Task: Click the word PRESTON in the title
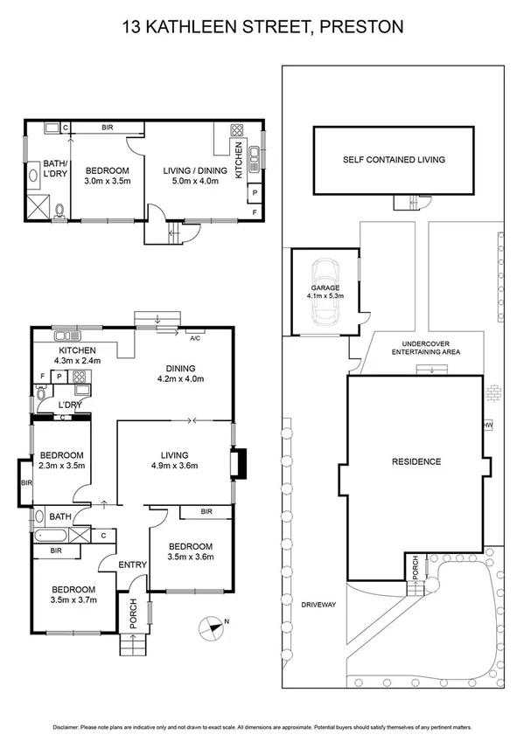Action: (360, 27)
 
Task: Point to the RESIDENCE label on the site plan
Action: (416, 461)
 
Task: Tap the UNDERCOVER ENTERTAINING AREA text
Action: (426, 348)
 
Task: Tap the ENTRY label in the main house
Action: (133, 564)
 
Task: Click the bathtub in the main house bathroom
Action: (52, 534)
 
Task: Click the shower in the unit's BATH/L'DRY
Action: (40, 208)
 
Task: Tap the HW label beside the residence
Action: (488, 426)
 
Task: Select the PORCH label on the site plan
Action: (415, 568)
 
